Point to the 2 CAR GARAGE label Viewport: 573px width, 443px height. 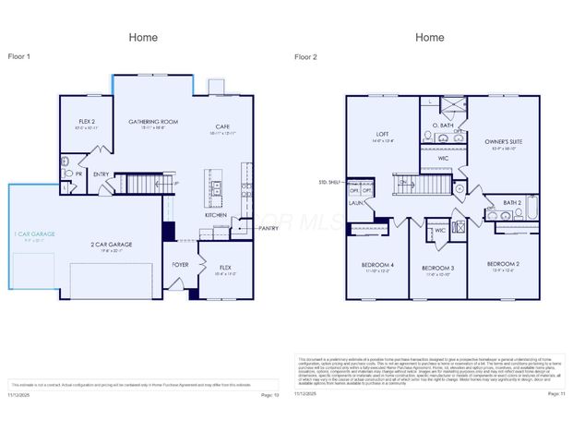click(x=111, y=245)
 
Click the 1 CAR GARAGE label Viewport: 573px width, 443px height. click(x=34, y=234)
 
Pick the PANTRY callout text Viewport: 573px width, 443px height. click(x=269, y=228)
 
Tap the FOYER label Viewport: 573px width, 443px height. click(x=181, y=264)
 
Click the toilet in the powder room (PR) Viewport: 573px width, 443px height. click(x=66, y=173)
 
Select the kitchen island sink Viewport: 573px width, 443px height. click(x=216, y=189)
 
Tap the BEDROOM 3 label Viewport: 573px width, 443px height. click(x=431, y=267)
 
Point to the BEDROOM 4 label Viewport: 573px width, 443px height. click(x=379, y=265)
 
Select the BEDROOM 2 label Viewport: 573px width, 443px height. click(x=503, y=264)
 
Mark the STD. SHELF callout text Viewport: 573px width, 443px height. click(x=329, y=182)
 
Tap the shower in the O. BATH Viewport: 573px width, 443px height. click(x=452, y=105)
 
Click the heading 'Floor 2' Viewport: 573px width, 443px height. click(x=305, y=57)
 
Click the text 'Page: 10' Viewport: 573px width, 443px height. click(x=269, y=394)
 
